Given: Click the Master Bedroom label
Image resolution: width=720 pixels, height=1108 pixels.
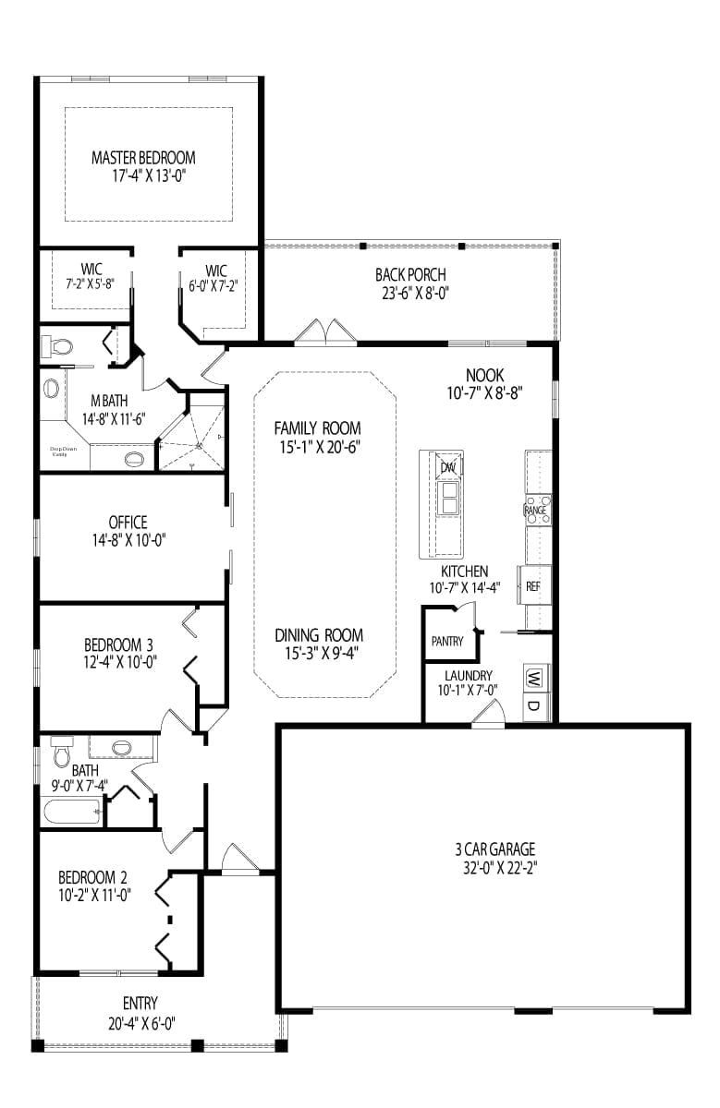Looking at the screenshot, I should (143, 158).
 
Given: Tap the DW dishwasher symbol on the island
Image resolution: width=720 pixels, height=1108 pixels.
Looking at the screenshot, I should (449, 468).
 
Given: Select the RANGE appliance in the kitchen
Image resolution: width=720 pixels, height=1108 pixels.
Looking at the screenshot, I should (536, 510).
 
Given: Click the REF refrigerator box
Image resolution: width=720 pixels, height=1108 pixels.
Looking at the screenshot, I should (533, 585).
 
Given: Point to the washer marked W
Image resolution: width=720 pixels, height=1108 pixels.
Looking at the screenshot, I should (535, 677).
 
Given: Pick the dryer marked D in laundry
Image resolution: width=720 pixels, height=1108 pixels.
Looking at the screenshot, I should (535, 706).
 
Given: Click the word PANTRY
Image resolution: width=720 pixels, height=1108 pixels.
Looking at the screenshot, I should (447, 641).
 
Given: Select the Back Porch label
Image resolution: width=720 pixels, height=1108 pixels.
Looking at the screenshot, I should (410, 274).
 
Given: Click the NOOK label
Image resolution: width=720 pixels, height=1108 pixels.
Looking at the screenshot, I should (483, 375).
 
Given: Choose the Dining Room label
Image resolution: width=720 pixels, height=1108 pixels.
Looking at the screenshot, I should (318, 635).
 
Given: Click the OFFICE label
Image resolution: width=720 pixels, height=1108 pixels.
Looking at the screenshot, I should (128, 523).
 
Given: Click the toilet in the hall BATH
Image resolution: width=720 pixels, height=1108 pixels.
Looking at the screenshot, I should (62, 752).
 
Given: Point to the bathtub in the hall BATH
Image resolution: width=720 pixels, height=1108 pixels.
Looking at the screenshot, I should (71, 813).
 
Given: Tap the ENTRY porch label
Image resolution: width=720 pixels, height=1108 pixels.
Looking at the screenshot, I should (140, 1004).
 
